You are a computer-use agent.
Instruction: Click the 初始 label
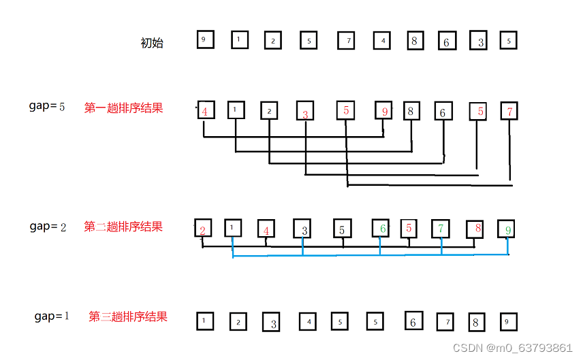[x=152, y=43]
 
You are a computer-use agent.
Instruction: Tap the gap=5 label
[x=47, y=106]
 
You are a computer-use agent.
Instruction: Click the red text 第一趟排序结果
[x=123, y=108]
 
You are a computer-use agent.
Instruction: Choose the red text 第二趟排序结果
[x=123, y=227]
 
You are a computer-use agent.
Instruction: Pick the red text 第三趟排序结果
[x=128, y=316]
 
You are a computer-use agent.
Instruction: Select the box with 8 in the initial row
[x=414, y=40]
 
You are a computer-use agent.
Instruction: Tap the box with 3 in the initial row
[x=480, y=42]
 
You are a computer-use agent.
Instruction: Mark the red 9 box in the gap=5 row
[x=384, y=110]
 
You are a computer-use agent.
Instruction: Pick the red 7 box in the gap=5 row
[x=509, y=110]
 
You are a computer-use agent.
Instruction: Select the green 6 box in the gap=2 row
[x=381, y=229]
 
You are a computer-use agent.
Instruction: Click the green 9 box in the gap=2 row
[x=507, y=229]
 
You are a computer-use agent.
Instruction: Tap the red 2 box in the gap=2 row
[x=203, y=229]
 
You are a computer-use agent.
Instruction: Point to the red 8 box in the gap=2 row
[x=475, y=229]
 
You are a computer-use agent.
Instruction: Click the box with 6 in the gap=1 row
[x=413, y=321]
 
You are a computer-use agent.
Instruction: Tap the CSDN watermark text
[x=512, y=348]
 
